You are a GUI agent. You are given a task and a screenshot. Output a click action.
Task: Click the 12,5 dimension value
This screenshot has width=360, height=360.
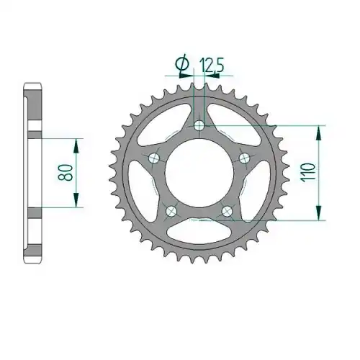212,65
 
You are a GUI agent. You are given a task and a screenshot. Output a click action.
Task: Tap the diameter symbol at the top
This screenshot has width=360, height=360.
182,64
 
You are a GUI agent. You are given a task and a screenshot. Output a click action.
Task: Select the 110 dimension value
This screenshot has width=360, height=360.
308,173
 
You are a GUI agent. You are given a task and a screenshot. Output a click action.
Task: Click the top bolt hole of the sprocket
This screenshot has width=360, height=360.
199,125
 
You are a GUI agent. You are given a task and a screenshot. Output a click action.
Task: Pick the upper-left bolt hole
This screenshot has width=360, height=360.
153,158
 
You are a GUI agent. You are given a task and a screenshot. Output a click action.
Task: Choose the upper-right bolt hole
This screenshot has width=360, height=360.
244,158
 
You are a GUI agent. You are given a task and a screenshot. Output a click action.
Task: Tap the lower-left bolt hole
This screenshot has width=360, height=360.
171,211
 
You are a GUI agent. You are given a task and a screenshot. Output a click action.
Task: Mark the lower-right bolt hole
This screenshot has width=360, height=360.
227,211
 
